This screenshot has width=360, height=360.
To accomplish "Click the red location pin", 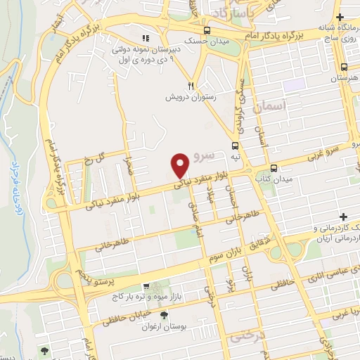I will tap(181, 164).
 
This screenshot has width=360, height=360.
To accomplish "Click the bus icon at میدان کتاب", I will tap(274, 169).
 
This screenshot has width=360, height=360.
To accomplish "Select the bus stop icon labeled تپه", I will tap(235, 146).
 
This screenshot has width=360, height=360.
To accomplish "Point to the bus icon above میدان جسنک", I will tap(207, 31).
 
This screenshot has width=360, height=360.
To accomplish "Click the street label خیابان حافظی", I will tap(127, 316).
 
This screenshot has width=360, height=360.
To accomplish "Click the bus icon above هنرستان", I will tap(343, 67).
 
